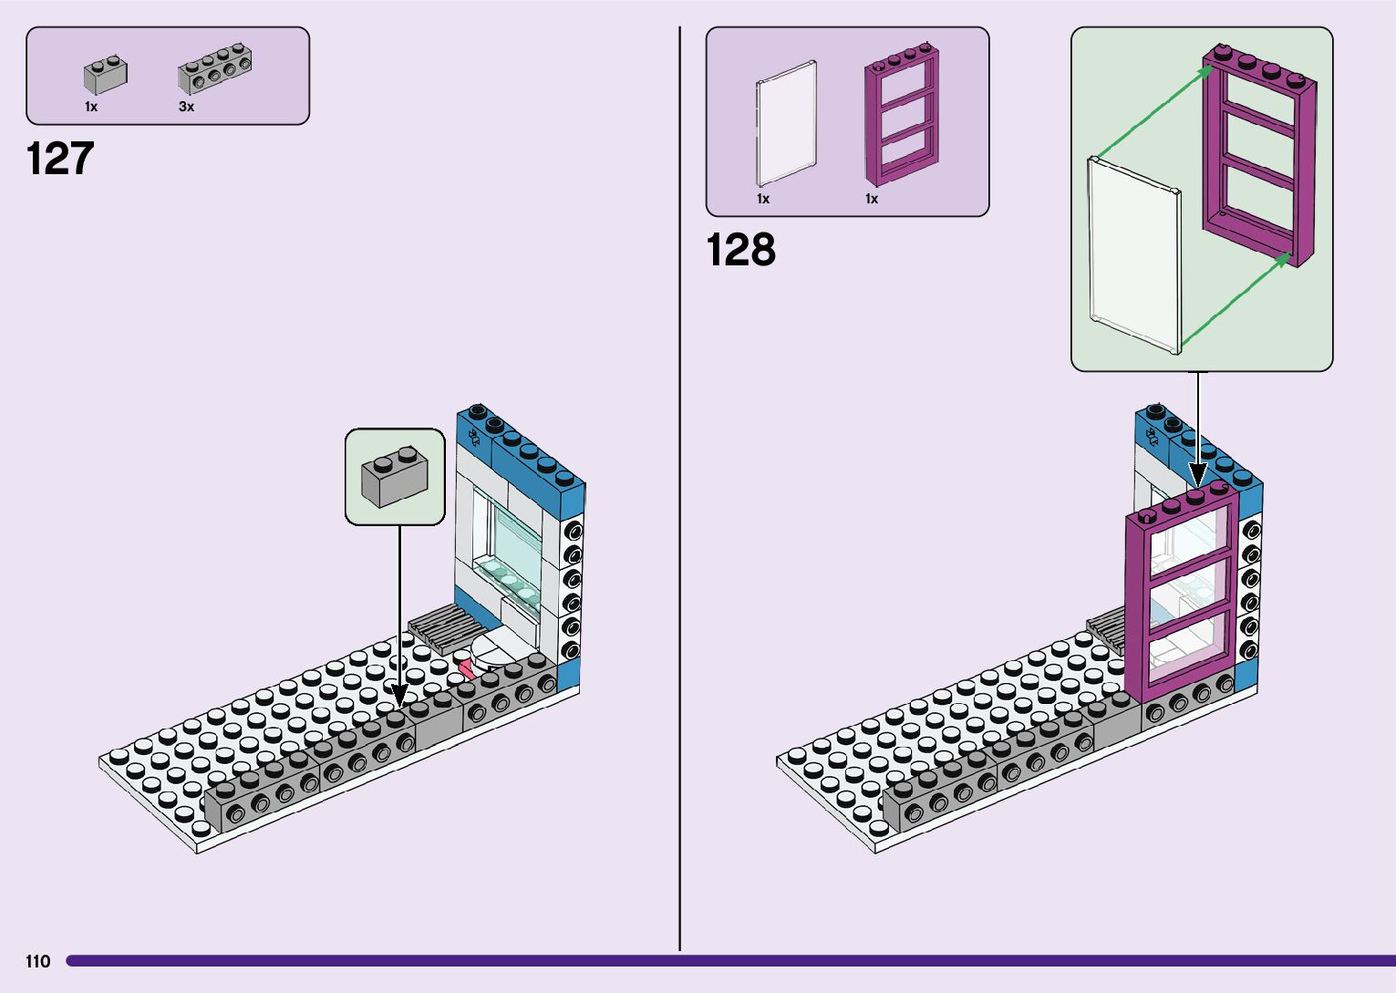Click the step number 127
[x=60, y=159]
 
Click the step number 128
[x=740, y=250]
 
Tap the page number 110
[x=38, y=961]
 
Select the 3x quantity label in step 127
[x=186, y=107]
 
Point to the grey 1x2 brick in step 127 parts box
[x=106, y=76]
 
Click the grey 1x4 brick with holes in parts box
[x=215, y=69]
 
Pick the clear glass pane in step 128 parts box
[x=786, y=123]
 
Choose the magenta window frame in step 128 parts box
[x=901, y=116]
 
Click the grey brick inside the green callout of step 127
[x=395, y=476]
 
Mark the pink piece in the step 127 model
[x=466, y=671]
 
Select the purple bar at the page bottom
[x=729, y=961]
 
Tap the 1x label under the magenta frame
[x=872, y=199]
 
